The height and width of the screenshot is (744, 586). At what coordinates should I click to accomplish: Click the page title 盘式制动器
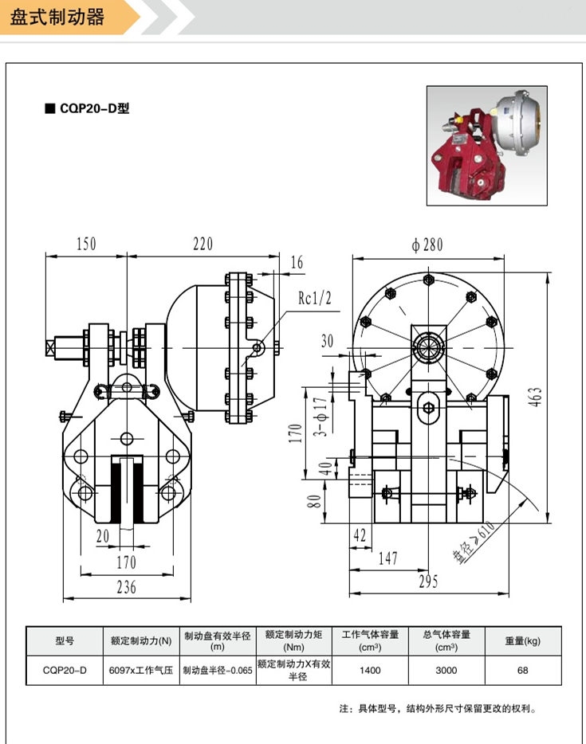(57, 18)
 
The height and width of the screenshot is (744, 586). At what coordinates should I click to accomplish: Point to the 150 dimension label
(85, 244)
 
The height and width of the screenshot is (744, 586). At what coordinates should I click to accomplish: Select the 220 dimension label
(203, 244)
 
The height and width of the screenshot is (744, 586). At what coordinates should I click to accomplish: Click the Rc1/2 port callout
(314, 299)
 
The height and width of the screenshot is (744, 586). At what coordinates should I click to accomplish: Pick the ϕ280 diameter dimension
(427, 245)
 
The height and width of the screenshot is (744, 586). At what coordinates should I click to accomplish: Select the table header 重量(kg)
(522, 640)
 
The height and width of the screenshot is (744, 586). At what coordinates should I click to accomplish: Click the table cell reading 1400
(370, 670)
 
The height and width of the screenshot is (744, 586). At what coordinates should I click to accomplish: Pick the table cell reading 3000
(446, 670)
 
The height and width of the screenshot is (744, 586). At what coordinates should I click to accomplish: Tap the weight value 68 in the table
(522, 670)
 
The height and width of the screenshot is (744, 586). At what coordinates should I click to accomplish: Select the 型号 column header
(65, 640)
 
